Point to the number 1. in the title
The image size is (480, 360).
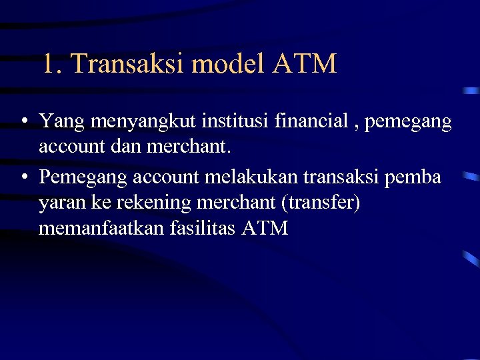(52, 64)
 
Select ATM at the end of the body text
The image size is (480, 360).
(266, 229)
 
